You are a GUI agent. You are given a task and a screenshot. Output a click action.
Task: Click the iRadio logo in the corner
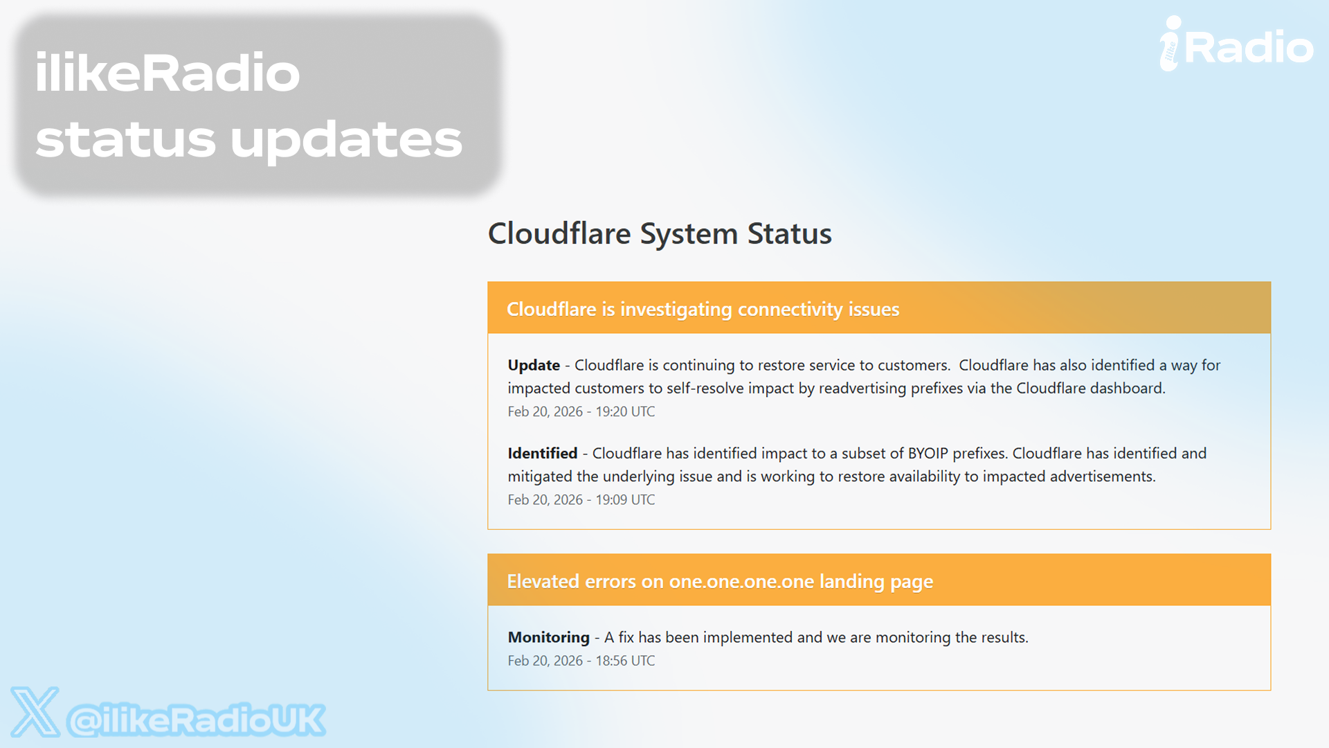tap(1236, 44)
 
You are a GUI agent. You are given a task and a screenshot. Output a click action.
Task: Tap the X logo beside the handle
tap(35, 712)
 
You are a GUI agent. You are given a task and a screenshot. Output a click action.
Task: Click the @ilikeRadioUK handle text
tap(196, 720)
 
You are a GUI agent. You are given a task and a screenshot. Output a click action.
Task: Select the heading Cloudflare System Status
tap(660, 233)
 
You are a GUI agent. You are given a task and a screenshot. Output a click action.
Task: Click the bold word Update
tap(534, 365)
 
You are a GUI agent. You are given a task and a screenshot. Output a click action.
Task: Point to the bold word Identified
tap(542, 453)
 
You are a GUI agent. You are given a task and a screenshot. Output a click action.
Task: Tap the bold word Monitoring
tap(548, 637)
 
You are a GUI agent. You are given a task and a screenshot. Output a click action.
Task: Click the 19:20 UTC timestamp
tap(625, 411)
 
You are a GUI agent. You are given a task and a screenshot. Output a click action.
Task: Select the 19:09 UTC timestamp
tap(625, 499)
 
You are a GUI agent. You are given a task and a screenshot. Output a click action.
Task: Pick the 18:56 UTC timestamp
tap(625, 661)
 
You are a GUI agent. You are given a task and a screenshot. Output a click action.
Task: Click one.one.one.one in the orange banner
tap(741, 582)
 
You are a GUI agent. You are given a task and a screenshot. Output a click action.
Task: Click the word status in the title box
tap(125, 139)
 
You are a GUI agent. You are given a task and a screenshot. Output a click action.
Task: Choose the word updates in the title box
tap(346, 139)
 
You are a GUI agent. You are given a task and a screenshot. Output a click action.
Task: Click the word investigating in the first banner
tap(676, 310)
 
